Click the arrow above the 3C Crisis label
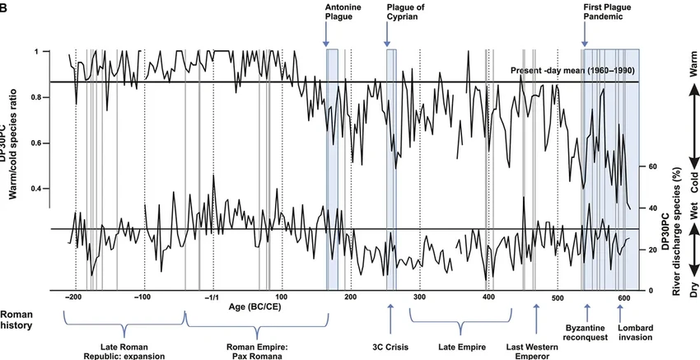click(x=389, y=314)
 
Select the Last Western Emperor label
click(x=536, y=349)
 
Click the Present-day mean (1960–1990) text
click(x=572, y=70)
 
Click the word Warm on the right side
click(x=691, y=78)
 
